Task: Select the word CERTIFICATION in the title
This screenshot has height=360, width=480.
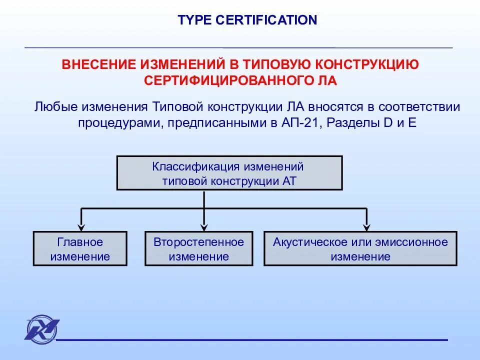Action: pyautogui.click(x=267, y=20)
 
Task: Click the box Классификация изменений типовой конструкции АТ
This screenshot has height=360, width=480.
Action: pyautogui.click(x=229, y=173)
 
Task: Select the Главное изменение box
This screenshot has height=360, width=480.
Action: pyautogui.click(x=80, y=248)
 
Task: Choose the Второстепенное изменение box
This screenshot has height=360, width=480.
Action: pyautogui.click(x=199, y=248)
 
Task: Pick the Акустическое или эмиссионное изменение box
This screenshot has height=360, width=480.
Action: pyautogui.click(x=360, y=248)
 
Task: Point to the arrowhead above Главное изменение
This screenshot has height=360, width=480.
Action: pyautogui.click(x=80, y=225)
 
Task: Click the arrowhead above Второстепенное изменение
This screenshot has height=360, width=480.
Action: pyautogui.click(x=204, y=225)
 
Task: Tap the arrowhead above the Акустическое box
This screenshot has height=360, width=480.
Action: pyautogui.click(x=366, y=225)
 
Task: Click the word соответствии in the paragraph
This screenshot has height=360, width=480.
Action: pyautogui.click(x=419, y=107)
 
